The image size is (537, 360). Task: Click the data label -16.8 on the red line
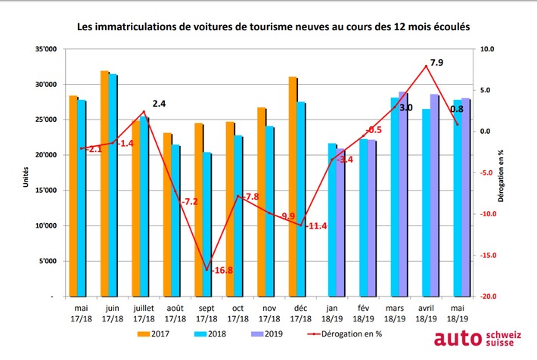click(x=222, y=271)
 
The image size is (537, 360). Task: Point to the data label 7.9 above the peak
click(x=436, y=61)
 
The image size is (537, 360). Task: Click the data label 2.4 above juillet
click(x=159, y=103)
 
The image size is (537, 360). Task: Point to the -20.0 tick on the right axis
click(x=488, y=296)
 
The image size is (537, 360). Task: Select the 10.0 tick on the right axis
click(x=488, y=49)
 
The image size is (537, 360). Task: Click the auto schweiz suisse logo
click(x=480, y=338)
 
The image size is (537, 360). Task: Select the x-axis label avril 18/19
click(x=426, y=314)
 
